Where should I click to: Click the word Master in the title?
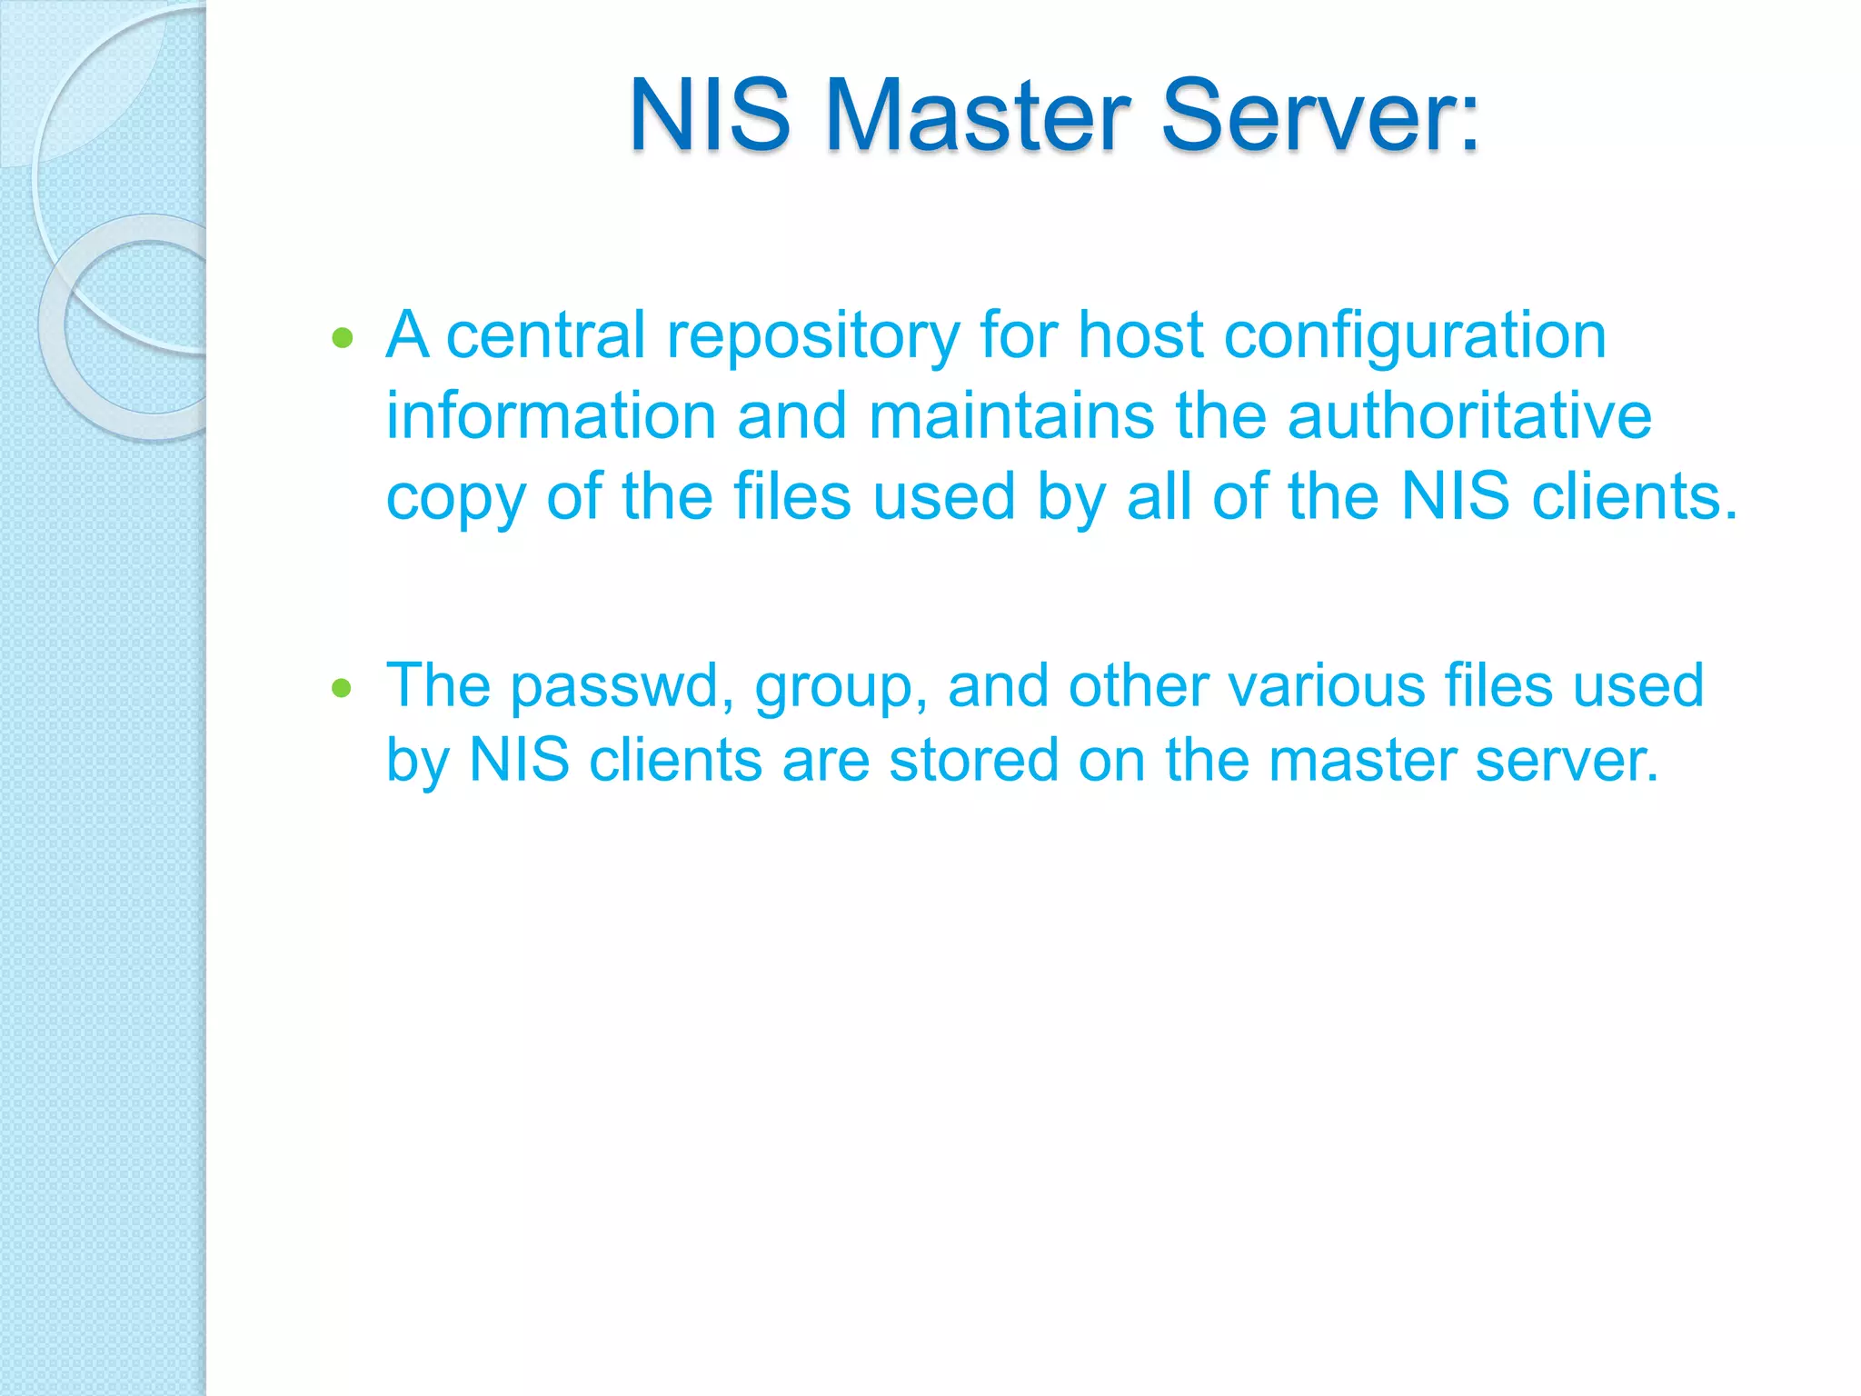click(978, 116)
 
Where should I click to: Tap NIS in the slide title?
click(710, 116)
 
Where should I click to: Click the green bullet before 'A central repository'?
click(343, 339)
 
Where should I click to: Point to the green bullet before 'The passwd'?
click(342, 688)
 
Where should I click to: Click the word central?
click(545, 335)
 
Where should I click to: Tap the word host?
click(1140, 335)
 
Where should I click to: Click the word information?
click(552, 416)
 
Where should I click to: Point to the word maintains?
click(1011, 416)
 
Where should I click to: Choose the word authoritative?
click(1469, 416)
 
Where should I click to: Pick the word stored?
click(973, 760)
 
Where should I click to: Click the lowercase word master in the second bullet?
click(1362, 760)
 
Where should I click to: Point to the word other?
click(1139, 685)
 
